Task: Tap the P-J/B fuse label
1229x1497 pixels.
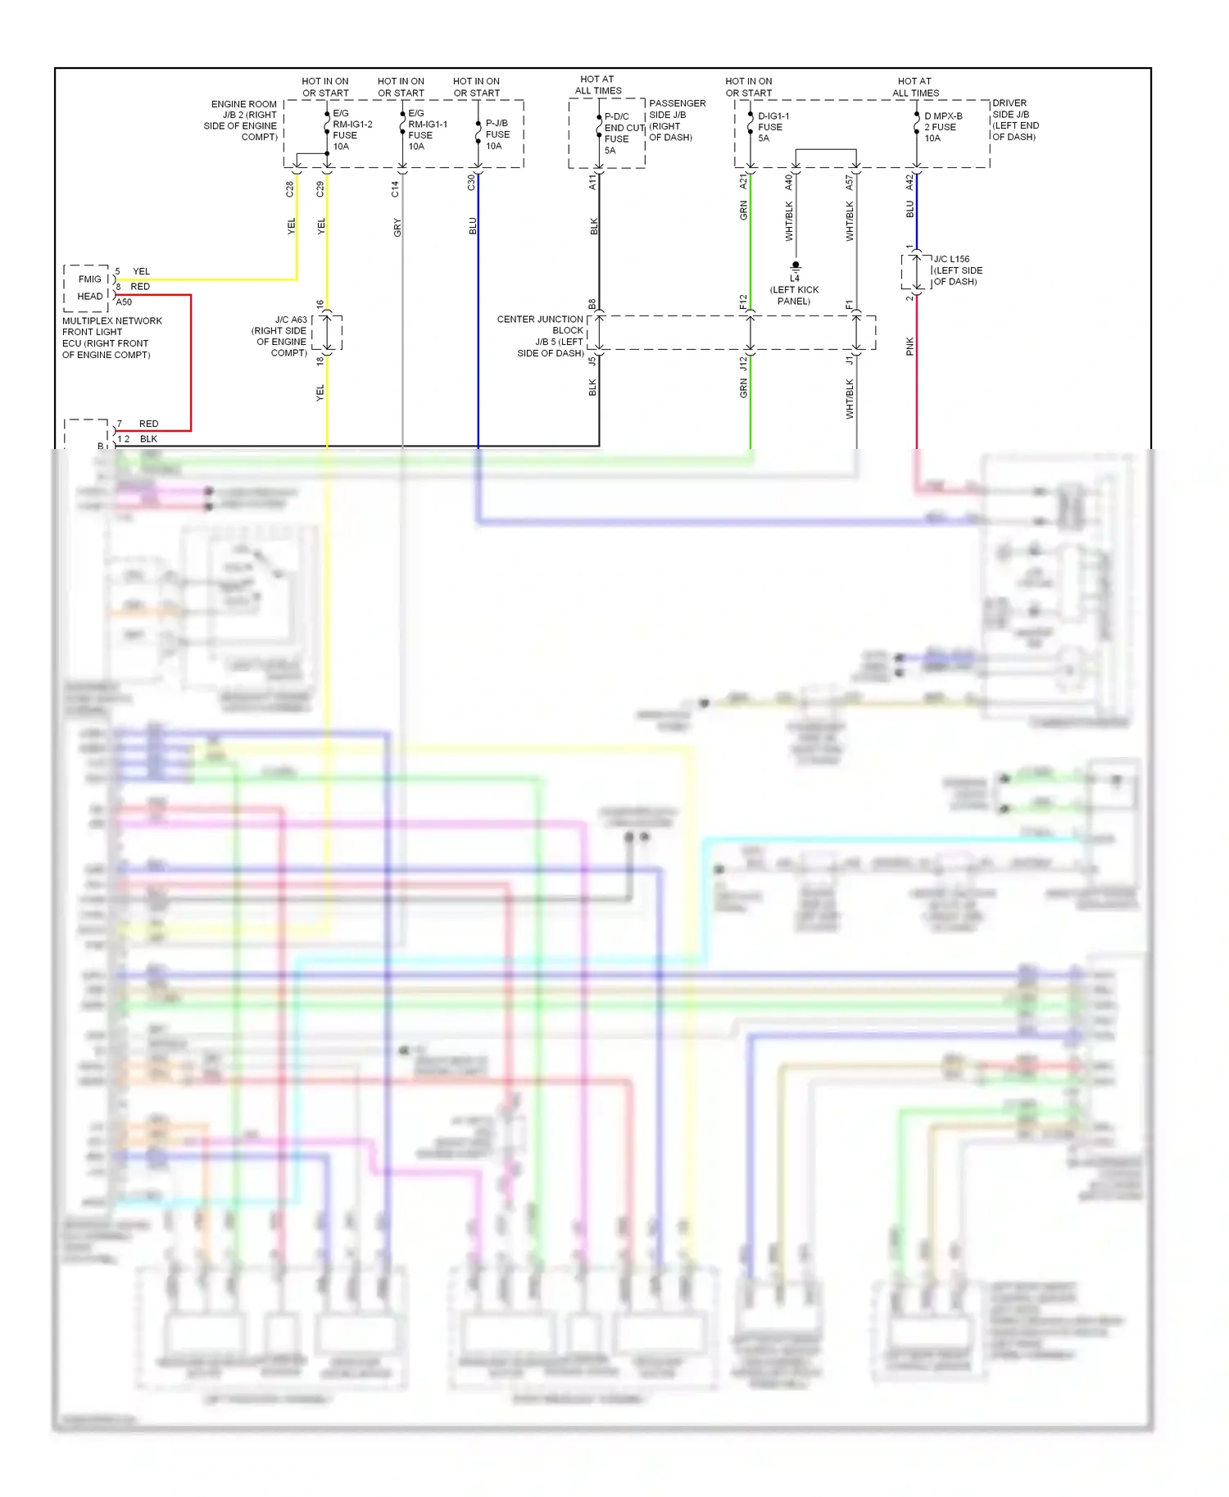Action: (497, 134)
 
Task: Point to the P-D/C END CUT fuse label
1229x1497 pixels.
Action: (624, 134)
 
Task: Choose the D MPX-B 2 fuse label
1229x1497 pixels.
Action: (942, 127)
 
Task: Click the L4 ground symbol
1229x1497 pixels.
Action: (795, 266)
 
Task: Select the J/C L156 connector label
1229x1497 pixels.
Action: (957, 270)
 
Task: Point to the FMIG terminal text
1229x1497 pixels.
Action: (89, 279)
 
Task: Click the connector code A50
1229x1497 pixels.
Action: (124, 302)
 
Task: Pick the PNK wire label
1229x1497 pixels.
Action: (909, 347)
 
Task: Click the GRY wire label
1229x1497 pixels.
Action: (397, 227)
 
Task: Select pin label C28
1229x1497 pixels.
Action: (289, 189)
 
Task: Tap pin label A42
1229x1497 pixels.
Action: (909, 183)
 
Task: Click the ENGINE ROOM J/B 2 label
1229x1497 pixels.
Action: (242, 120)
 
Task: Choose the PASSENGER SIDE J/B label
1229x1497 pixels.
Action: (676, 120)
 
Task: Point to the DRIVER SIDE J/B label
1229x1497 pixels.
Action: (1015, 120)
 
